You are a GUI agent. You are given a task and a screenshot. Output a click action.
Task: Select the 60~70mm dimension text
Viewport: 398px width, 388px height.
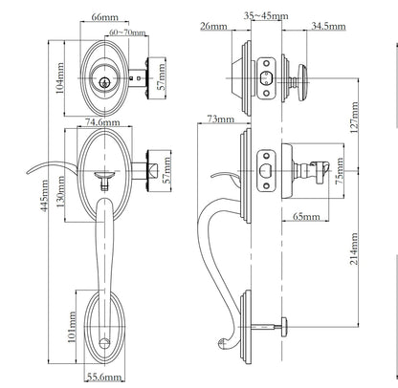coord(127,32)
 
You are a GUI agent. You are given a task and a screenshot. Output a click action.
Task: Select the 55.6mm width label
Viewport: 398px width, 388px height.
coord(102,378)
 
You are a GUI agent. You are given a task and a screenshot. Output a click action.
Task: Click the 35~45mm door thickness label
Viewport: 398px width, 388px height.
coord(262,16)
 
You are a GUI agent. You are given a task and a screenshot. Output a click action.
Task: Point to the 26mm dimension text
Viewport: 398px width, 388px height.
coord(213,28)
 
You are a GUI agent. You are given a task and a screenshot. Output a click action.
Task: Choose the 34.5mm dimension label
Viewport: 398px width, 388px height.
coord(329,28)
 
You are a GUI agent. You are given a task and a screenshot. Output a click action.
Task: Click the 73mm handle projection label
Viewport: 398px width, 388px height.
coord(218,119)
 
